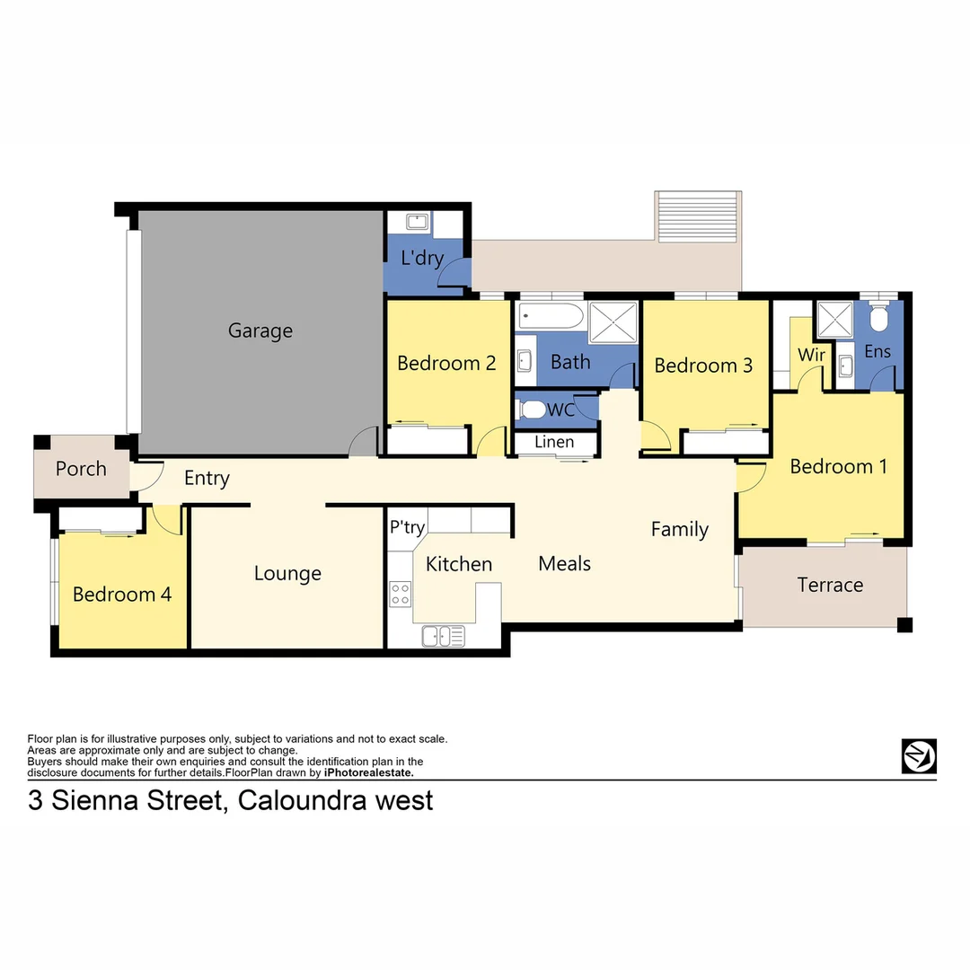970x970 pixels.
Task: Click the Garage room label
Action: (x=260, y=331)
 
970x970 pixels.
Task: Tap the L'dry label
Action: (x=422, y=259)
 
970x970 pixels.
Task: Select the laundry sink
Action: (x=417, y=221)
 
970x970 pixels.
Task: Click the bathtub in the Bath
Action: (x=551, y=316)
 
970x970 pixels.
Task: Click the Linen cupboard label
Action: (x=553, y=442)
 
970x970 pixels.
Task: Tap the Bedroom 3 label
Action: (x=703, y=366)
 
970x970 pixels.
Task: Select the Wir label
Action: (x=811, y=355)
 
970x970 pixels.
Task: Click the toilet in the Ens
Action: (x=879, y=317)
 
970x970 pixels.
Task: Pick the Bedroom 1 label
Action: (x=838, y=466)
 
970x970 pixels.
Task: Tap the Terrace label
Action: (x=830, y=585)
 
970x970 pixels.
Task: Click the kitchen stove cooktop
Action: (x=400, y=594)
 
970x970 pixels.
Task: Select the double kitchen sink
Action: (x=444, y=635)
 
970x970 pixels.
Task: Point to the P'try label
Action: (x=407, y=527)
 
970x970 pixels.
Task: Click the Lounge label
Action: (x=287, y=573)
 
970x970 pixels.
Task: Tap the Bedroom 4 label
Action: (x=122, y=594)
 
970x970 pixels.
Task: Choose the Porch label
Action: (x=81, y=469)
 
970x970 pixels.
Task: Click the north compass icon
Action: (x=919, y=755)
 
